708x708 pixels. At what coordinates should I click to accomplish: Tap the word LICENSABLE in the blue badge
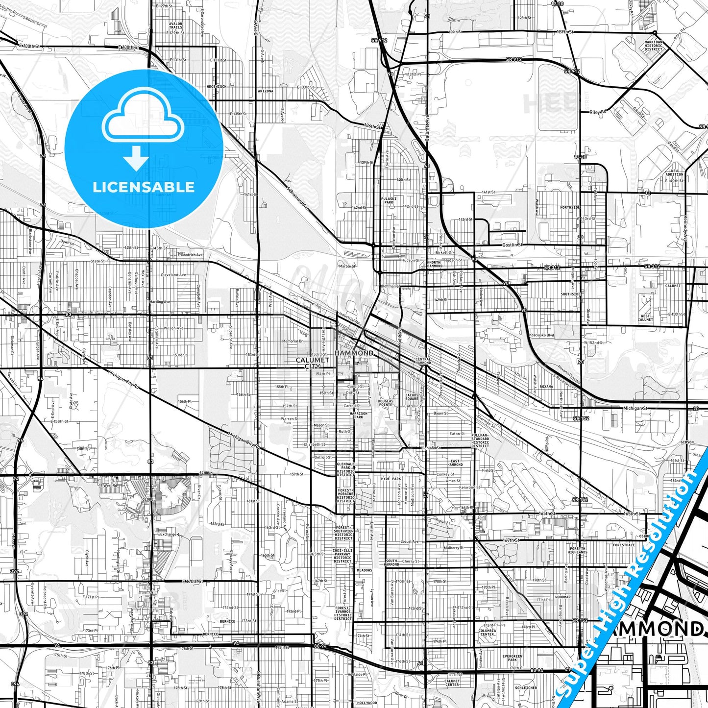point(143,187)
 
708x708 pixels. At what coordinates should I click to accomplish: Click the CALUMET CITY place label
point(312,363)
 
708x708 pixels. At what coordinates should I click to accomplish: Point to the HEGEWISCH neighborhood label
point(217,86)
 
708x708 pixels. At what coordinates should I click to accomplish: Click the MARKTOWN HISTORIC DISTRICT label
point(653,46)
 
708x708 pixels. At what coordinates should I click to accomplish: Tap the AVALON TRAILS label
point(175,25)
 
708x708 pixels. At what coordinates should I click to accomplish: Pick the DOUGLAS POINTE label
point(385,403)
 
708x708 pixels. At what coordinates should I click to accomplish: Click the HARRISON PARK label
point(359,415)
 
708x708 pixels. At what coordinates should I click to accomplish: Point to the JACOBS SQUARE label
point(412,396)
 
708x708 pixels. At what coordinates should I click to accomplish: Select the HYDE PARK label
point(391,479)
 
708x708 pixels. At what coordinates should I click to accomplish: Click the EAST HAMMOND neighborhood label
point(455,463)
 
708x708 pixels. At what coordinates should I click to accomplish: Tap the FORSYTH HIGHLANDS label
point(578,550)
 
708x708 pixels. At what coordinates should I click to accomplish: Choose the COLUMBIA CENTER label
point(487,633)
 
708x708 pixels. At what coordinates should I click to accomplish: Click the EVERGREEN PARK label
point(512,658)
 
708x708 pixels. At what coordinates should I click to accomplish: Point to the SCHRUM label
point(206,473)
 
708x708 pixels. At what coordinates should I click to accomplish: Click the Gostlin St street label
point(512,244)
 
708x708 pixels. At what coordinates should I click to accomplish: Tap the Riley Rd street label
point(598,112)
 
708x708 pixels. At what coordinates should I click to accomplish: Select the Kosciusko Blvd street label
point(540,335)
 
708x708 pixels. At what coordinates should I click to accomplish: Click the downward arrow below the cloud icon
point(136,160)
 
